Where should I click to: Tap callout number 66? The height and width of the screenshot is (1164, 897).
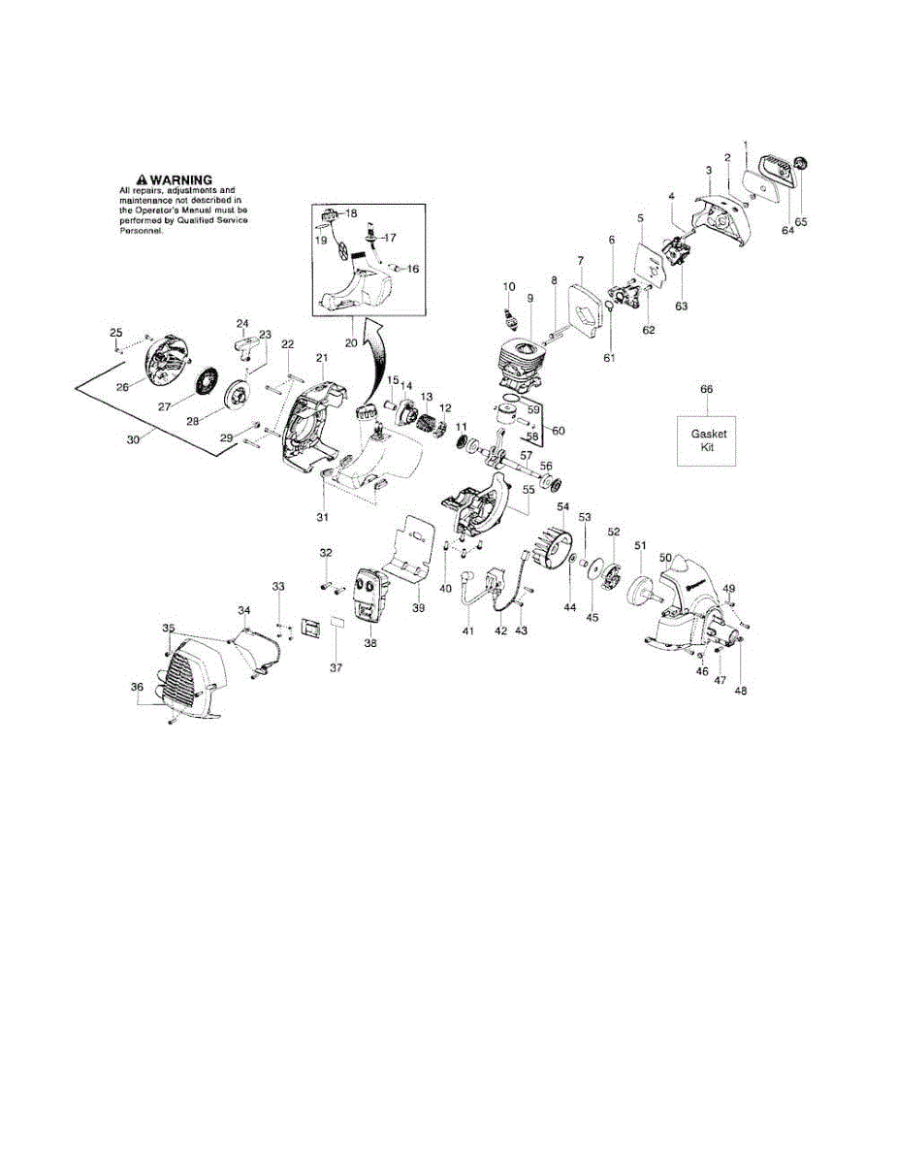tap(706, 390)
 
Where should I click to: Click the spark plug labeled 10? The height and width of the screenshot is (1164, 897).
tap(506, 316)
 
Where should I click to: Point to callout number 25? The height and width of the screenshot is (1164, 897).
tap(115, 334)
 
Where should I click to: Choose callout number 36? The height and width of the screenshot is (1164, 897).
tap(137, 687)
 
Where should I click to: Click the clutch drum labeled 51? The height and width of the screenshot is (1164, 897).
tap(640, 590)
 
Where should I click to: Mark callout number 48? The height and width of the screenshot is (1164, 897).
tap(741, 692)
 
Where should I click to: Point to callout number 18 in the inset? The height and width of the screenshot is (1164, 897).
tap(351, 213)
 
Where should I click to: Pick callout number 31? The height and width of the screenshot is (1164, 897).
tap(321, 517)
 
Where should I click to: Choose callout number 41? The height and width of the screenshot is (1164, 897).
tap(468, 631)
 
